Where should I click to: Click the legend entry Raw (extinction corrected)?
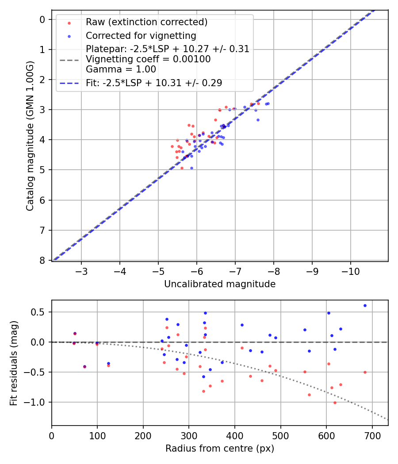pos(146,22)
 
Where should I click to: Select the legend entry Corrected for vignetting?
pos(141,35)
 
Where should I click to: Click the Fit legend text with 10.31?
pos(154,83)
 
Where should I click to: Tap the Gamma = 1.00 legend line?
pos(121,69)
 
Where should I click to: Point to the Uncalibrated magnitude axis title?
pos(220,284)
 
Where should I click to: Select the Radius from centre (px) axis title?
pos(220,449)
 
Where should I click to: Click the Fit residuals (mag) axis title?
pos(14,363)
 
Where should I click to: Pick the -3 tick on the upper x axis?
pos(81,270)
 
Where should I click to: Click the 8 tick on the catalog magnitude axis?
pos(42,260)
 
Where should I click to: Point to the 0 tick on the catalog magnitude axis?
pos(42,19)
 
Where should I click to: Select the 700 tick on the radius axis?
pos(372,434)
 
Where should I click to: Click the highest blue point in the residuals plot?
pos(365,305)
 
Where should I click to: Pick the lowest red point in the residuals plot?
pos(335,403)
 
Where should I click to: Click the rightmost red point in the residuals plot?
pos(365,372)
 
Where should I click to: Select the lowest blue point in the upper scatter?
pos(191,168)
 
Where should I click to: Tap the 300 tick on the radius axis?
pos(189,434)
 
